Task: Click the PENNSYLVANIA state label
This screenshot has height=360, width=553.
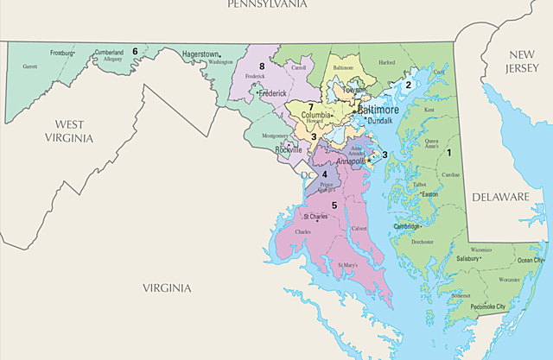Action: point(267,4)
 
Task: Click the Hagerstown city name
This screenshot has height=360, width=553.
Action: point(201,54)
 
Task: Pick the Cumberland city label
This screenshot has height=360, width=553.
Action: point(109,52)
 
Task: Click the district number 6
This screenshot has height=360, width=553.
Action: point(135,52)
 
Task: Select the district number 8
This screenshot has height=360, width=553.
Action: point(260,66)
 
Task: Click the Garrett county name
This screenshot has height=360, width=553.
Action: point(29,66)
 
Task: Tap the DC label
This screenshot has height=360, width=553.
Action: point(305,175)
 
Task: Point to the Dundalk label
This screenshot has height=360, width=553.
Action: point(379,122)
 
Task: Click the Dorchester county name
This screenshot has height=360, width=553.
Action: point(423,243)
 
